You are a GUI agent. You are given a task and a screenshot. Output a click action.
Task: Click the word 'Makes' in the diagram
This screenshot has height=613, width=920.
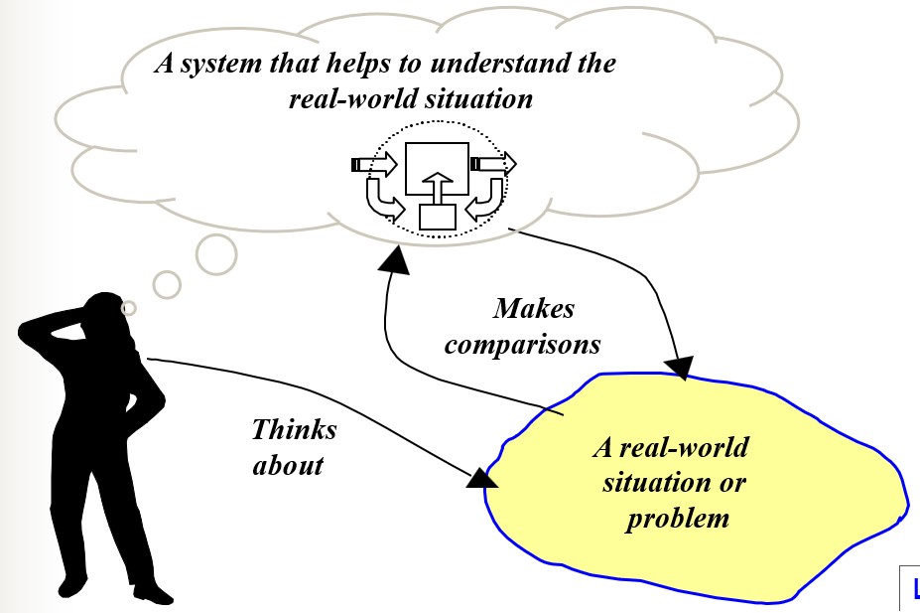click(x=534, y=309)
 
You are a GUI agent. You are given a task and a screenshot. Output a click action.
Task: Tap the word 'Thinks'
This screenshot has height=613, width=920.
click(x=294, y=430)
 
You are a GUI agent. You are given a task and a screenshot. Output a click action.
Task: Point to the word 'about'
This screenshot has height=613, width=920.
click(x=288, y=465)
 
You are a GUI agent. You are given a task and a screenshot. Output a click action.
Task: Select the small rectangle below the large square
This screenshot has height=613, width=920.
click(x=437, y=216)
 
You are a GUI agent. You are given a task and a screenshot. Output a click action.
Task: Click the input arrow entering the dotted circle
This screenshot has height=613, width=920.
click(x=375, y=164)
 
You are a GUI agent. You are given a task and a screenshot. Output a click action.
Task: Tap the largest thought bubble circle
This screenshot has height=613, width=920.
click(x=215, y=253)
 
